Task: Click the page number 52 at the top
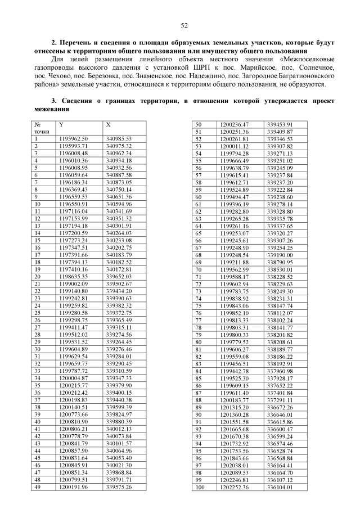184,25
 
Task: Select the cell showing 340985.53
118,138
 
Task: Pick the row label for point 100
199,487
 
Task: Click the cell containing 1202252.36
235,487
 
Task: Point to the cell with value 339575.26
118,487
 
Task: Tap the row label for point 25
38,312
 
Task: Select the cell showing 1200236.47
235,124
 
